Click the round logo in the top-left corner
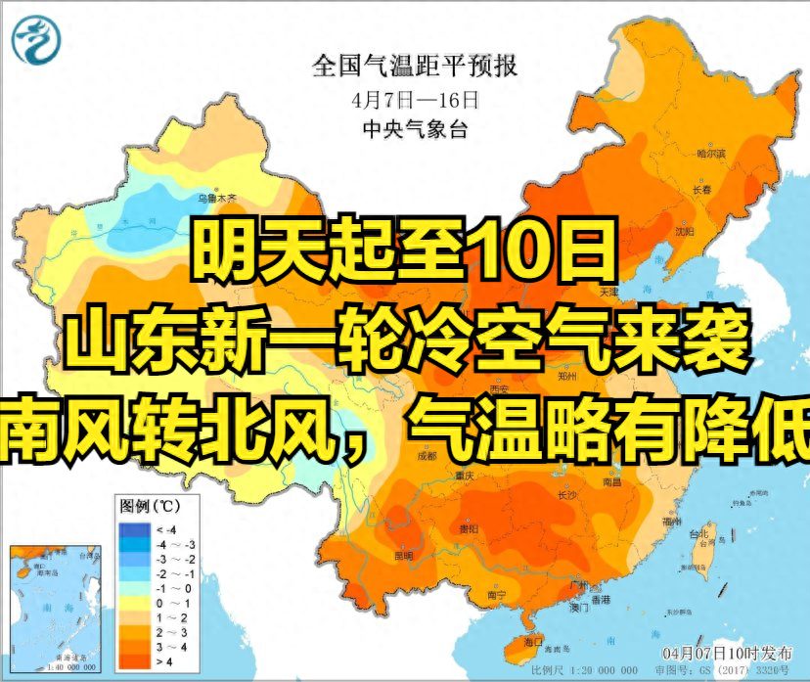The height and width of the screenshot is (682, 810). click(36, 40)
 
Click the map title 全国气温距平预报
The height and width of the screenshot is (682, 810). click(415, 67)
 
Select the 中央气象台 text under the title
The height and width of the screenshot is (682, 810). click(415, 129)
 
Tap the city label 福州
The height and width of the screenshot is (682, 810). click(671, 522)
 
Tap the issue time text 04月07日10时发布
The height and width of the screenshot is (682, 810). click(721, 652)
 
